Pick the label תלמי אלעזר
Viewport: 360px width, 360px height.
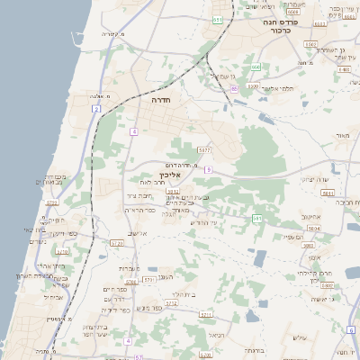point(274,89)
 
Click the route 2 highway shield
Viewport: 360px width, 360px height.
point(95,109)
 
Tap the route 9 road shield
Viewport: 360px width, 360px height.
point(208,169)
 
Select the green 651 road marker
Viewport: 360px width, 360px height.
point(218,19)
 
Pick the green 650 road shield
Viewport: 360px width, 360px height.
point(256,67)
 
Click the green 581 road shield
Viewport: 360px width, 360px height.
point(257,218)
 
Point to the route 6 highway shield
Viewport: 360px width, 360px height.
point(350,326)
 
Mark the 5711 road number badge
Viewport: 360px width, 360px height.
point(206,315)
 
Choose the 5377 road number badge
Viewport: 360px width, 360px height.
point(204,149)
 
